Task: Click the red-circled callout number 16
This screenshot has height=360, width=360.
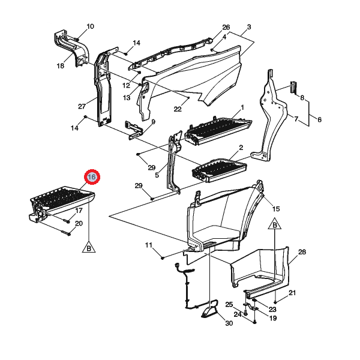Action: (92, 177)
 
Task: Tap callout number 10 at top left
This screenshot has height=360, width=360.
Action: (90, 26)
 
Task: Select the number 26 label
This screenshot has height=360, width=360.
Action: (226, 27)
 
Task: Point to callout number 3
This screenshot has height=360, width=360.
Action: (249, 27)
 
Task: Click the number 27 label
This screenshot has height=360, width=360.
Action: (82, 106)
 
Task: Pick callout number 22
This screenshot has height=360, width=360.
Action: (178, 109)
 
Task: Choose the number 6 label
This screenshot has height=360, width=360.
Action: (319, 119)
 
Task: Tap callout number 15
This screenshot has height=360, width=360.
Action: (276, 209)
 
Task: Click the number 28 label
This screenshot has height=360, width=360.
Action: (302, 252)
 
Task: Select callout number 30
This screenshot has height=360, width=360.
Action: (229, 323)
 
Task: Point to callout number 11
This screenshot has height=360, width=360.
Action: (149, 245)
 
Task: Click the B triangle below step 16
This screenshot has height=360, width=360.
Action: (89, 247)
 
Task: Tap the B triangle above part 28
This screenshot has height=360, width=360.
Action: (275, 224)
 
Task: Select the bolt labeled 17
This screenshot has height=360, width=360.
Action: (67, 221)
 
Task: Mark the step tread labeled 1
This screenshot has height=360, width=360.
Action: (219, 131)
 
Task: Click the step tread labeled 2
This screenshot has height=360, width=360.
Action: (219, 170)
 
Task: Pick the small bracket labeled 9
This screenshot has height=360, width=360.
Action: (134, 130)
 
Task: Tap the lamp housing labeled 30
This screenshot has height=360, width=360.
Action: (209, 312)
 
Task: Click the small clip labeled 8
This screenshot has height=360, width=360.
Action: (294, 87)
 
